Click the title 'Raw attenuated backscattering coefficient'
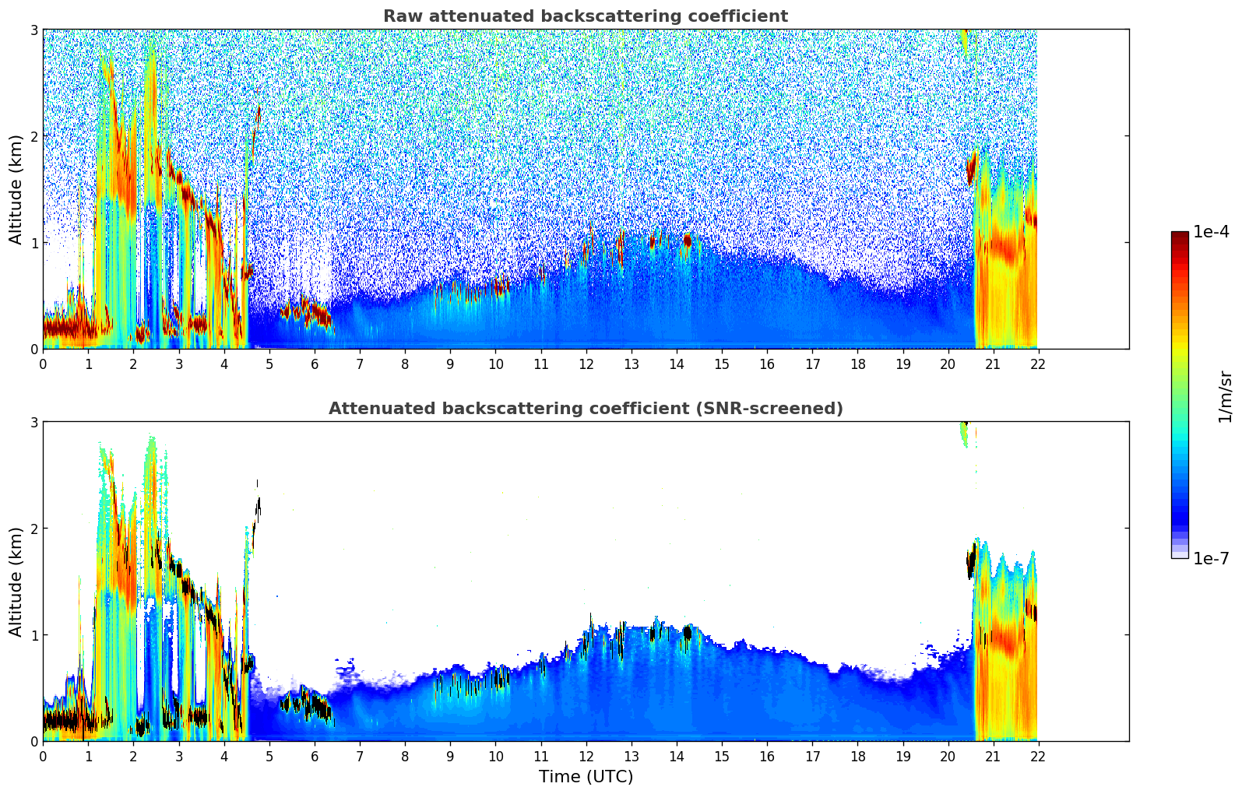[x=585, y=16]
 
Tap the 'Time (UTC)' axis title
[x=586, y=776]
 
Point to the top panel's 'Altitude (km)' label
[x=16, y=189]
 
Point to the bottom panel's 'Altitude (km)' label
[x=16, y=581]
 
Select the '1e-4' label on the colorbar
[x=1211, y=232]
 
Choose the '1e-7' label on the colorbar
[x=1211, y=558]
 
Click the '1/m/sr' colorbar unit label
[x=1225, y=395]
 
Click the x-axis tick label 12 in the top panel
[x=586, y=364]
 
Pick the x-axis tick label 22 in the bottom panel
[x=1038, y=757]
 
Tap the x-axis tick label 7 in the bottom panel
[x=360, y=757]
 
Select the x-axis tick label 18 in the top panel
[x=857, y=364]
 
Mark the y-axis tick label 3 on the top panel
[x=34, y=30]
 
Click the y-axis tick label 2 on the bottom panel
[x=34, y=529]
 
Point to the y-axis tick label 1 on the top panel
[x=34, y=243]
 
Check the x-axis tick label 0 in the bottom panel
[x=43, y=757]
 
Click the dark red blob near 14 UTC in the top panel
[x=687, y=241]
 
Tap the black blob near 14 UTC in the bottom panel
[x=687, y=633]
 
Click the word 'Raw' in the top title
[x=399, y=16]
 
